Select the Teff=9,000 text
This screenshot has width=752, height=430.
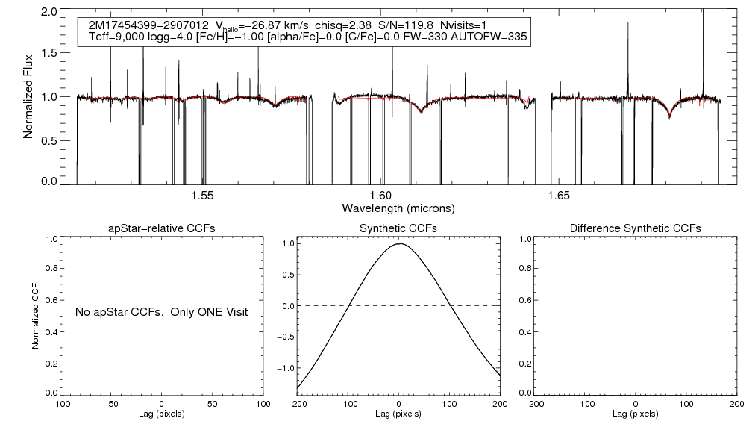tap(114, 37)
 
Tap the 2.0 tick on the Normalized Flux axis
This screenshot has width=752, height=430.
tap(50, 13)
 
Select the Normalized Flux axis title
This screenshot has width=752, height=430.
tap(28, 97)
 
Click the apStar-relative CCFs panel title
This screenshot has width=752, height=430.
tap(162, 228)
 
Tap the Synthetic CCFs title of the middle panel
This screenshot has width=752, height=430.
tap(399, 228)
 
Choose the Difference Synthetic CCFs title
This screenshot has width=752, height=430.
tap(635, 228)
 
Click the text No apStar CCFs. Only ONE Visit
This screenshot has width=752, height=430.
tap(161, 311)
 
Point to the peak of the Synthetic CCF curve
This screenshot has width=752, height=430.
tap(401, 243)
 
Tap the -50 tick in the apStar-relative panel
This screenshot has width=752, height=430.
tap(111, 403)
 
